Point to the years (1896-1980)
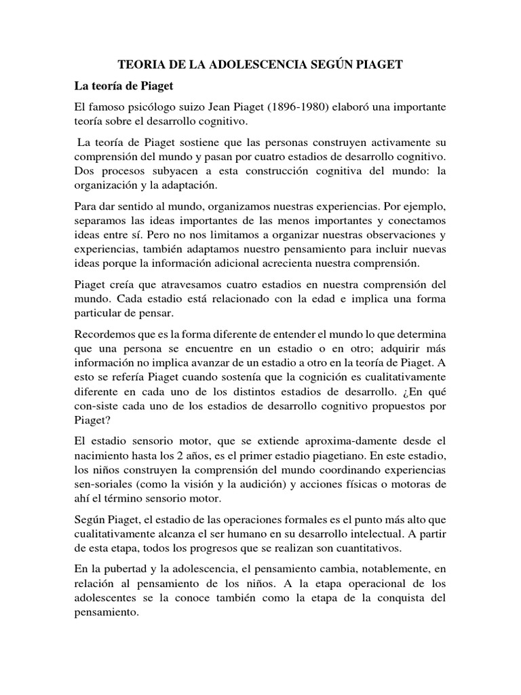tap(296, 108)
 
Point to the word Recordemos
tap(107, 334)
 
